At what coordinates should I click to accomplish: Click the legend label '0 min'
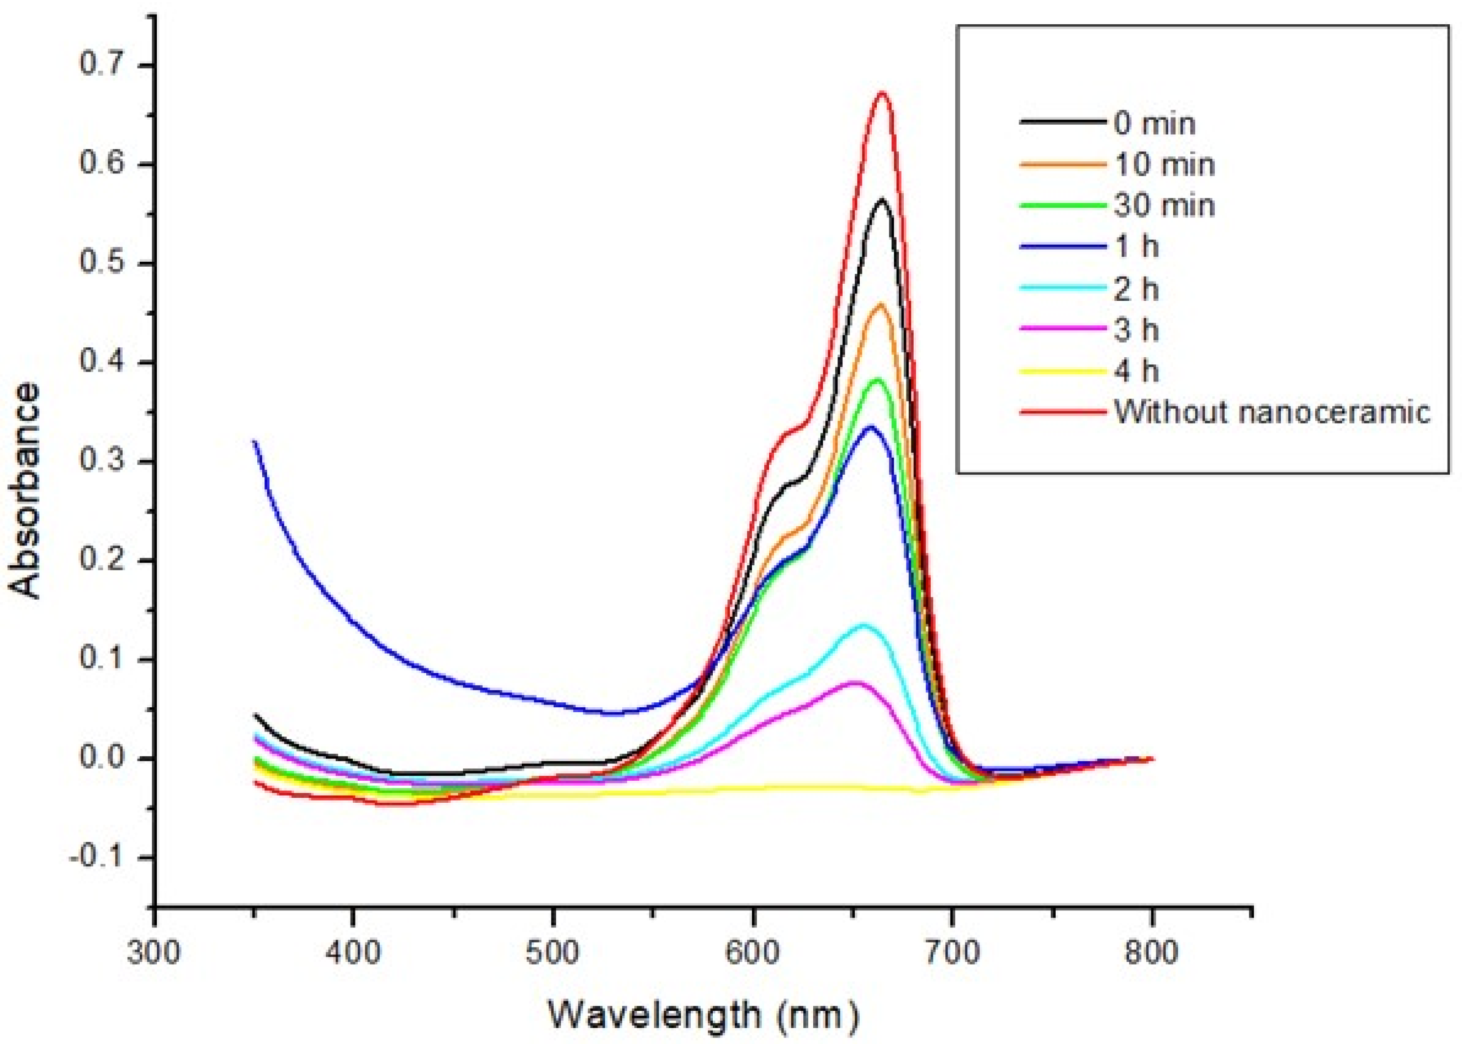click(x=1154, y=124)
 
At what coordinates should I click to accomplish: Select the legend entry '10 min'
click(x=1164, y=165)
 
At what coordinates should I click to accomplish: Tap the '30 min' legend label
click(x=1164, y=206)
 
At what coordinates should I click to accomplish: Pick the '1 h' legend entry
click(x=1137, y=247)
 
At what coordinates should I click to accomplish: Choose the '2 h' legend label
click(x=1137, y=289)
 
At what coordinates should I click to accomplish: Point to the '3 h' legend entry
click(x=1137, y=331)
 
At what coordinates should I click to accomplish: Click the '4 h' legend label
click(x=1137, y=372)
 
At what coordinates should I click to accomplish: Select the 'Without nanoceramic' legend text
click(x=1272, y=411)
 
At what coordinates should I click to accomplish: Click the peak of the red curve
click(x=883, y=93)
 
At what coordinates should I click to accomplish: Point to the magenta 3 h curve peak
click(x=855, y=682)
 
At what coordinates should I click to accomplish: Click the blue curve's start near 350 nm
click(x=255, y=442)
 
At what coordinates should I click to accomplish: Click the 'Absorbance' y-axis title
click(x=26, y=492)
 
